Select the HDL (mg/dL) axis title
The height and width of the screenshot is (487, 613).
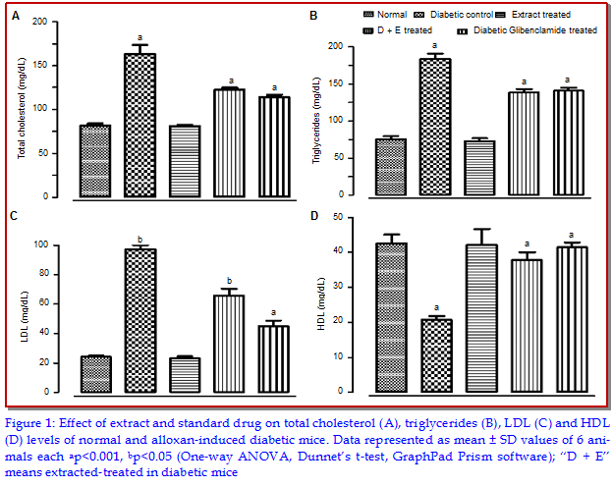click(319, 303)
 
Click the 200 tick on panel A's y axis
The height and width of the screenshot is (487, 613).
click(38, 22)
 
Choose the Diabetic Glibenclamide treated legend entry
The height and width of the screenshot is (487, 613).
click(534, 30)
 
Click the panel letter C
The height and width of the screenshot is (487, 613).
click(13, 215)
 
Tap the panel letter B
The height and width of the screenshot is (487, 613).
click(312, 16)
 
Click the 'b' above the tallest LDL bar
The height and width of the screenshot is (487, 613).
click(140, 239)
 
